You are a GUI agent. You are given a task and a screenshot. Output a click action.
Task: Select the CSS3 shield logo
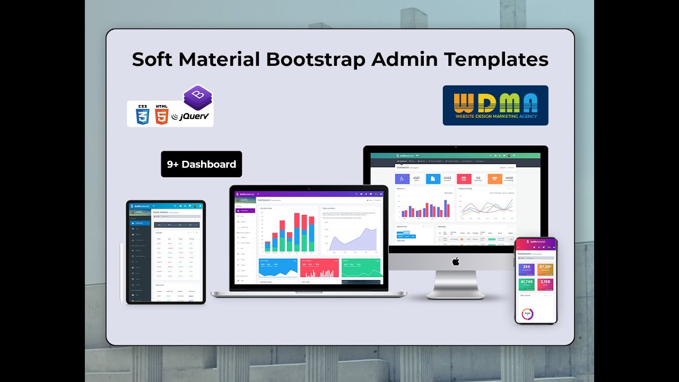[143, 115]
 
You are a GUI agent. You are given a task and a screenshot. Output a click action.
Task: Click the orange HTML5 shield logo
[162, 115]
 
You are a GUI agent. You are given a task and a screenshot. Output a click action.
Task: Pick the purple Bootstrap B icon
[197, 97]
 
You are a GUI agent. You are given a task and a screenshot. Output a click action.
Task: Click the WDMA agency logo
[495, 105]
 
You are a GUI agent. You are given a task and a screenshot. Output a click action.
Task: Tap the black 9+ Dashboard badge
[202, 164]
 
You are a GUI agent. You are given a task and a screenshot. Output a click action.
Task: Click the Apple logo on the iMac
[455, 262]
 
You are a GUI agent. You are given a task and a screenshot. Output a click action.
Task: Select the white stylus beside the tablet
[121, 273]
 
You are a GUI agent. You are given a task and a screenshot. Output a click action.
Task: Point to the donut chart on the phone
[527, 314]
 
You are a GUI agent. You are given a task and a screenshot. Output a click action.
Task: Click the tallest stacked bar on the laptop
[297, 232]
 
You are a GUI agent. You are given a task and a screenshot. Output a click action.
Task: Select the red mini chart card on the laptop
[319, 268]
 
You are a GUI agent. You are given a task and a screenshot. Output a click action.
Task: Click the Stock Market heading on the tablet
[160, 212]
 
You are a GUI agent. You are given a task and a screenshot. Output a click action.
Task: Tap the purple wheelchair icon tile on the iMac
[403, 179]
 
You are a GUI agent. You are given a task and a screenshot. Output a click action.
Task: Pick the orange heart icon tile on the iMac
[494, 179]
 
